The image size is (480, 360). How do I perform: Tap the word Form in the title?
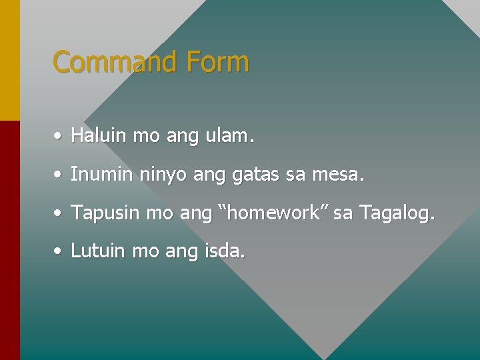(218, 62)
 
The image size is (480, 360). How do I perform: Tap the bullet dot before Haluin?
(59, 137)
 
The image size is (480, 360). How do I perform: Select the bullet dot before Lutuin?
(59, 252)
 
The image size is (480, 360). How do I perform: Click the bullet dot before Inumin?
(59, 175)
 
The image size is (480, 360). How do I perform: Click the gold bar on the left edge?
(9, 60)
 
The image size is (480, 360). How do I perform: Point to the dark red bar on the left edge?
(9, 240)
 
